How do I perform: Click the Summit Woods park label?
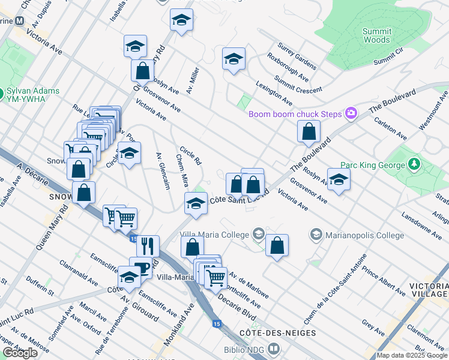click(377, 35)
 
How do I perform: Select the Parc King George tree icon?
click(414, 164)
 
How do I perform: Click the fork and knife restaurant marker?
click(148, 245)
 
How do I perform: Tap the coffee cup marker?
click(140, 266)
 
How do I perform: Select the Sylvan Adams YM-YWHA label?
click(33, 94)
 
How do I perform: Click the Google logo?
click(20, 353)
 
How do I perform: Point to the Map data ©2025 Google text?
click(412, 356)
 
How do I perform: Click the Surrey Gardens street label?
click(296, 55)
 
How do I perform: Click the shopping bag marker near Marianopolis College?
click(277, 245)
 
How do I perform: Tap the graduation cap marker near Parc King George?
click(339, 179)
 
